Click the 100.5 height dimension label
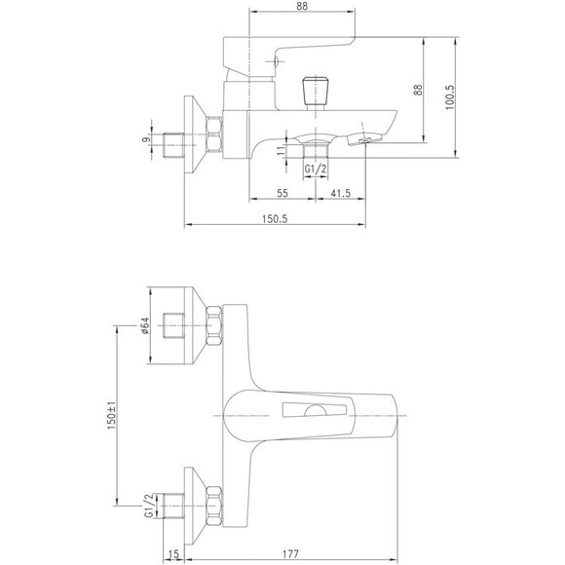(x=450, y=97)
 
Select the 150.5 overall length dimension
(x=275, y=219)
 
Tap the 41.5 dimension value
(x=341, y=193)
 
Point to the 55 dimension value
(x=282, y=193)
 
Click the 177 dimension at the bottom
(x=290, y=553)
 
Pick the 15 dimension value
(x=173, y=554)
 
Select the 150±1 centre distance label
(x=112, y=415)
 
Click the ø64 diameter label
(x=145, y=325)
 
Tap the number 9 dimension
(x=145, y=140)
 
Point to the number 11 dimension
(x=281, y=151)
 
